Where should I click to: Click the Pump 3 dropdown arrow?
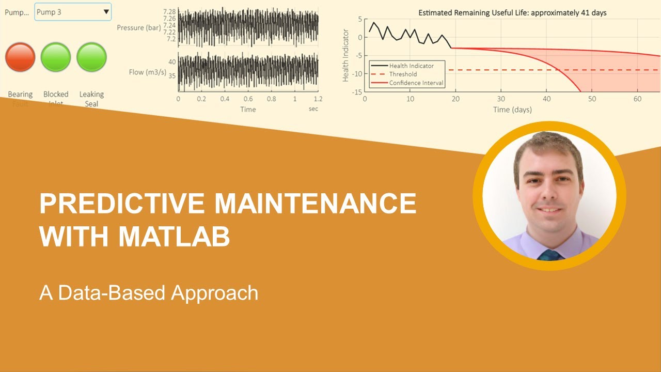pos(106,11)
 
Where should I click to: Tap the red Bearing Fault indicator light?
pos(20,57)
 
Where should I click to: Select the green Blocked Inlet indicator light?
pos(56,57)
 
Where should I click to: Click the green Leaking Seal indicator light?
pos(91,57)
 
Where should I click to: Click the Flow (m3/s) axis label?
pos(148,72)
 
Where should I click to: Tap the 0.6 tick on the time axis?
pos(248,99)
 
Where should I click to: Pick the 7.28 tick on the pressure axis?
pos(169,11)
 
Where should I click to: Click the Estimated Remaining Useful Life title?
pos(512,13)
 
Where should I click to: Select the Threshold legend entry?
pos(403,74)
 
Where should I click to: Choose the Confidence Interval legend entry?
pos(416,83)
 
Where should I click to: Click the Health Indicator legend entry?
pos(411,66)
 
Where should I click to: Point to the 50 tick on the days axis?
pos(592,99)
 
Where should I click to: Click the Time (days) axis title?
pos(512,110)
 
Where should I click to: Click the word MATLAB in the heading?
pos(174,237)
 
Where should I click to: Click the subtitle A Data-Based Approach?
pos(149,293)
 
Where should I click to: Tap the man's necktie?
pos(550,255)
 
